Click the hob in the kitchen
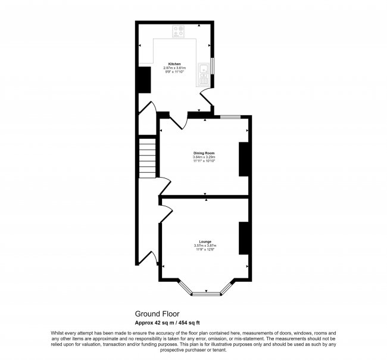179,31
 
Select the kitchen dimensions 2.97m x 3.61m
174,68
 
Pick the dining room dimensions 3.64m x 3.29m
204,157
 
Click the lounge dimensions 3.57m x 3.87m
205,246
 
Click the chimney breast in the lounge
244,238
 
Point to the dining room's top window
229,116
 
